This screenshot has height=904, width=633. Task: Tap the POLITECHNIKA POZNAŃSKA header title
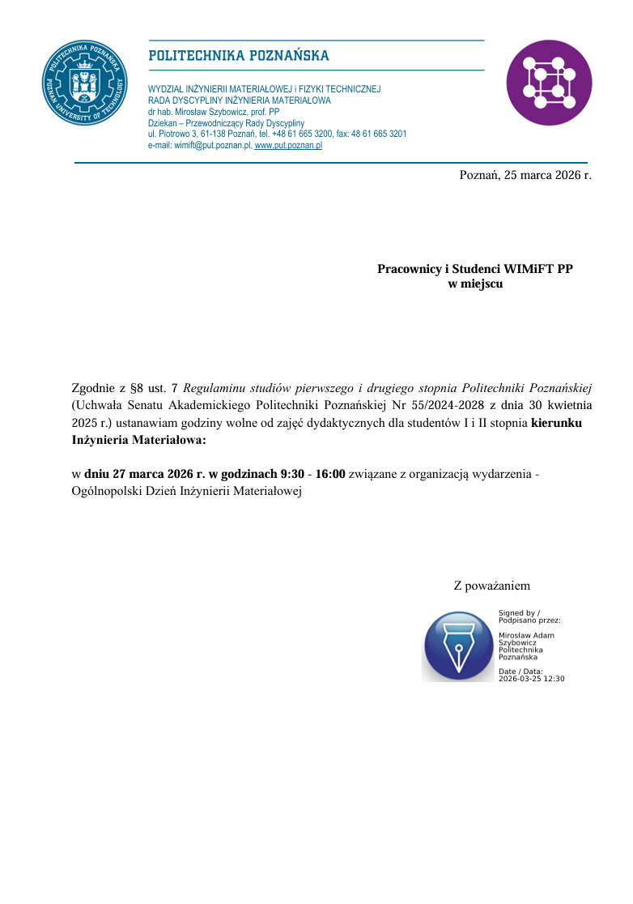[x=238, y=56]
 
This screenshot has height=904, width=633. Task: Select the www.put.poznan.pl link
[x=288, y=146]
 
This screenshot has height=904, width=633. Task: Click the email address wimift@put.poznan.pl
[x=199, y=146]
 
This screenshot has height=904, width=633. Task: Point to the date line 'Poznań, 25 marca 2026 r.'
[x=525, y=174]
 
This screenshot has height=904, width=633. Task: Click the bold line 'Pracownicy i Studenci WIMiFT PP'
[x=475, y=268]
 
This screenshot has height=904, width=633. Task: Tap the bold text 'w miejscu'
[x=475, y=284]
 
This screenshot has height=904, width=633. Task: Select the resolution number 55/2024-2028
[x=442, y=405]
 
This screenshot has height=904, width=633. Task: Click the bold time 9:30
[x=289, y=474]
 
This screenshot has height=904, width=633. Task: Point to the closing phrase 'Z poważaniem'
[x=492, y=585]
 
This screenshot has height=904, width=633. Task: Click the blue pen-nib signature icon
[x=458, y=646]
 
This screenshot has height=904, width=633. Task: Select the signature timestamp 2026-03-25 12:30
[x=531, y=678]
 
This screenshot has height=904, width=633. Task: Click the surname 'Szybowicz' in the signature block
[x=517, y=642]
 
